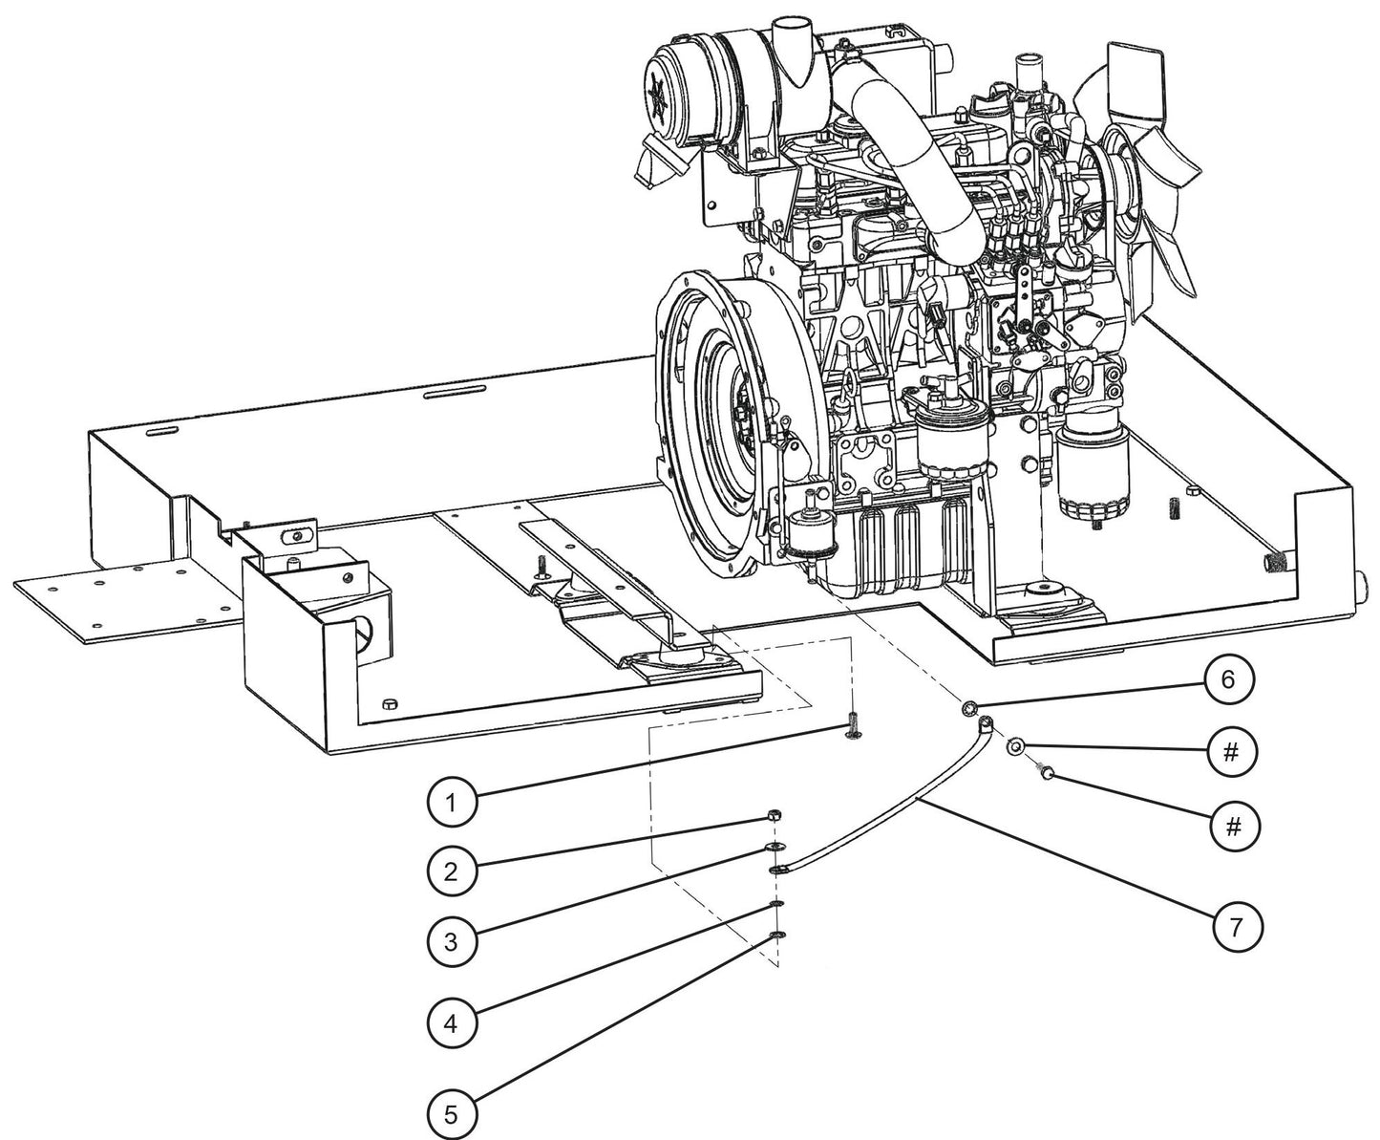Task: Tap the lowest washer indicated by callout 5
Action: click(x=778, y=935)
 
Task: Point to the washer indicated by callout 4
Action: click(x=777, y=904)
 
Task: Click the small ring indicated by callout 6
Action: click(x=968, y=708)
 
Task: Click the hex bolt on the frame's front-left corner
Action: click(x=389, y=705)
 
